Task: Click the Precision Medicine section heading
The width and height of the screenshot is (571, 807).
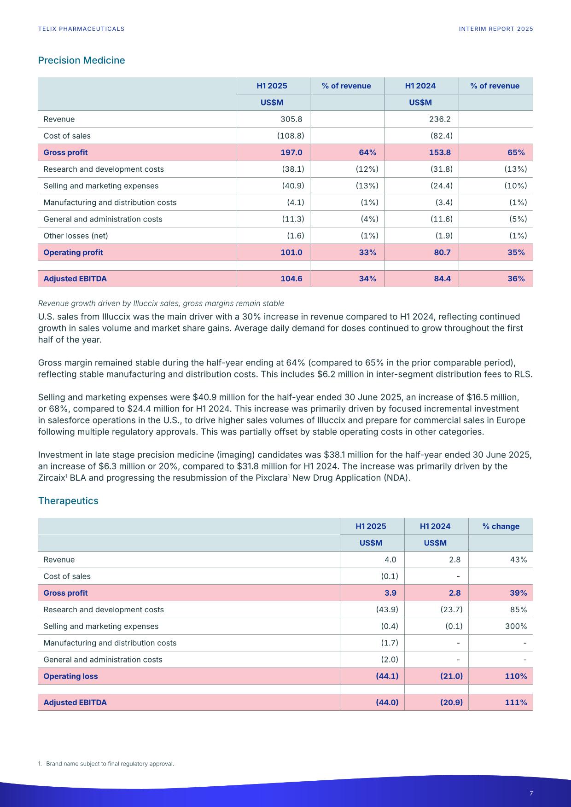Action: (82, 60)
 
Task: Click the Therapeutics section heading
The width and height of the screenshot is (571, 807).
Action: (68, 500)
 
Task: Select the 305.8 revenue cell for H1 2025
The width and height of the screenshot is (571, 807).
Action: (291, 119)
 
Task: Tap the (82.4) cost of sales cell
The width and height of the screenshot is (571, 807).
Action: (441, 136)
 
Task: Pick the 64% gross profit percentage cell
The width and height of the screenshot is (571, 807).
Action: (367, 152)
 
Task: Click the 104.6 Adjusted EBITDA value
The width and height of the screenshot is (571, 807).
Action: (291, 279)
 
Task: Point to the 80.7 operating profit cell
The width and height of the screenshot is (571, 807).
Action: (442, 252)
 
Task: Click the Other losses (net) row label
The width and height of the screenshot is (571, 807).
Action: (76, 236)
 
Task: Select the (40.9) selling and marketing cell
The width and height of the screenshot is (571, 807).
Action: (293, 186)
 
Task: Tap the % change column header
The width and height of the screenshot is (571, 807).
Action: (501, 526)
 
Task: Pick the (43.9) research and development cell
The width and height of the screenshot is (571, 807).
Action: (387, 610)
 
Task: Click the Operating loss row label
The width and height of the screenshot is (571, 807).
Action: (70, 676)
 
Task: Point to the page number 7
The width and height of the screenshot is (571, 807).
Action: (531, 793)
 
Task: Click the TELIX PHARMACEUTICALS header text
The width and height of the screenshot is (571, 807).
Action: (81, 29)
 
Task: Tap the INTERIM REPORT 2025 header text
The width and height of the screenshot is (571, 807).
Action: (496, 29)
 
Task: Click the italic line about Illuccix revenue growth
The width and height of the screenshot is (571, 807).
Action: (161, 303)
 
